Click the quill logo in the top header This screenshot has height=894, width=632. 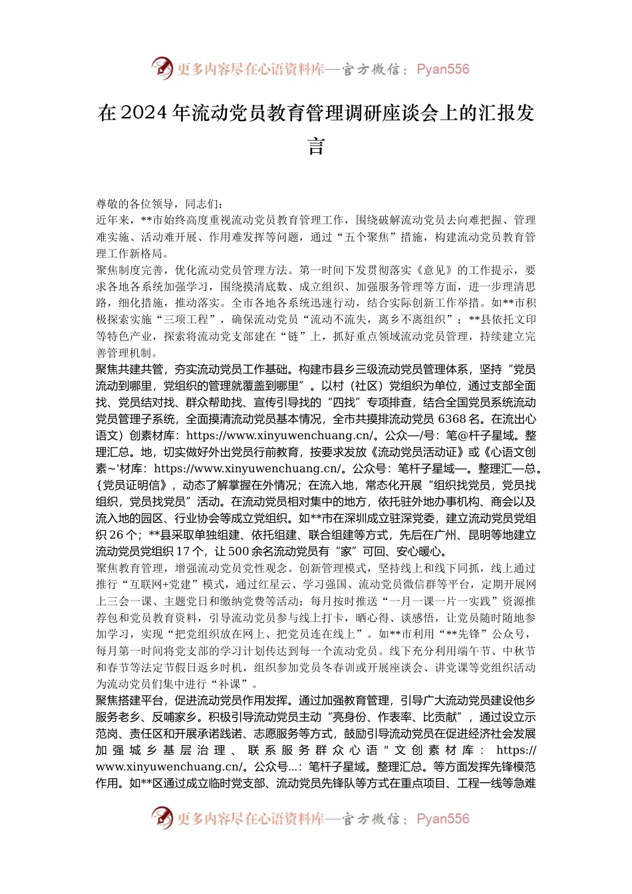[162, 68]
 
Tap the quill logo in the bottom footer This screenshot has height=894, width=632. [162, 818]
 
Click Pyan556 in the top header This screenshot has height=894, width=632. [442, 69]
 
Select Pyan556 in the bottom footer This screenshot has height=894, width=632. [442, 819]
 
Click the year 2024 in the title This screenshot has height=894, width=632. [144, 113]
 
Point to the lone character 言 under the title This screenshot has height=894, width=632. [316, 146]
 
